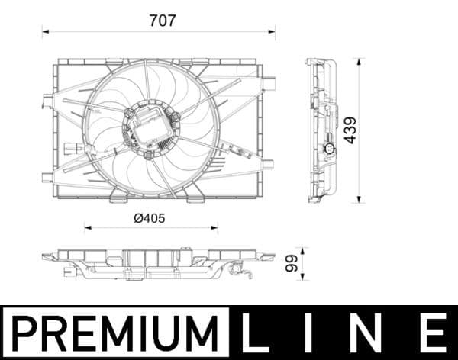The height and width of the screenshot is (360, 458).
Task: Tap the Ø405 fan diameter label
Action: click(150, 218)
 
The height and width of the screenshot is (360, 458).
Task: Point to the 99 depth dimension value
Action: click(291, 264)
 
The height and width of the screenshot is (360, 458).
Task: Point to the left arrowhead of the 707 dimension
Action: click(44, 32)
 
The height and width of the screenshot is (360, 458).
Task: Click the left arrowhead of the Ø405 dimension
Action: click(86, 227)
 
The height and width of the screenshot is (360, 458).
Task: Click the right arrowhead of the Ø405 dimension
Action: click(215, 227)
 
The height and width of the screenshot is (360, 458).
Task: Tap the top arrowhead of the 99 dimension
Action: click(303, 249)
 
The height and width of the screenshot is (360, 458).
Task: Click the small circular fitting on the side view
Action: click(330, 149)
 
